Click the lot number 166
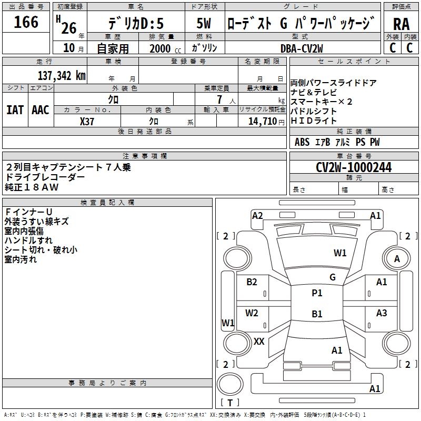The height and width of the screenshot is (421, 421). point(26,22)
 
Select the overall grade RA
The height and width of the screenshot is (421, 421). point(402,24)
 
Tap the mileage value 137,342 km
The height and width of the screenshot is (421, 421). point(62,75)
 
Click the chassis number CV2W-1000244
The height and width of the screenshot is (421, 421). point(354,167)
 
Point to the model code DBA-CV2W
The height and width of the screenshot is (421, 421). point(302,48)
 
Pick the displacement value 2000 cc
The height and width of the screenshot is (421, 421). point(165,48)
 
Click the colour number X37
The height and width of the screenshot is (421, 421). point(87,122)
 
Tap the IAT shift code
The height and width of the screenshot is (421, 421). point(15,110)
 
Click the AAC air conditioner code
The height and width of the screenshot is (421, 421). point(41,110)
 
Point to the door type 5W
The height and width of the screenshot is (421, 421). point(204,23)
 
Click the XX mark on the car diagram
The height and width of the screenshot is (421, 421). point(259,341)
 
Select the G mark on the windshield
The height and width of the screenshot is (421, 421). point(333,277)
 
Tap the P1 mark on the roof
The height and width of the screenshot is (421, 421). point(317,293)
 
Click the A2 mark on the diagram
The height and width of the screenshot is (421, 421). point(257,216)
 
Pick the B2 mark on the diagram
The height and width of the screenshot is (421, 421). point(252,282)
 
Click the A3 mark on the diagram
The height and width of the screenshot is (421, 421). point(381,313)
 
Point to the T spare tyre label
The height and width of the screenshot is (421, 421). point(230,403)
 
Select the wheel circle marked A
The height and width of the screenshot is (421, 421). point(397,258)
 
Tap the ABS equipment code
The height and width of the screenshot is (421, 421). point(302,142)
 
